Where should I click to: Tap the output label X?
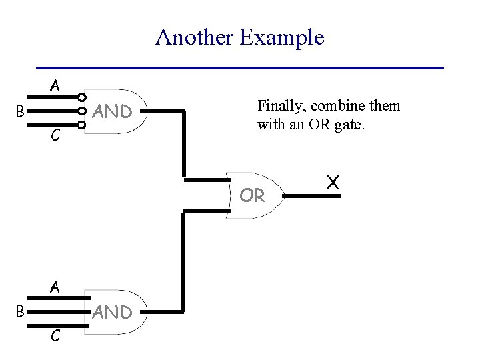tap(333, 181)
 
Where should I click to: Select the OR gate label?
tap(252, 196)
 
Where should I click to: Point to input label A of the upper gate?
tap(55, 86)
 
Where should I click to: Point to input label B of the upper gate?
tap(21, 111)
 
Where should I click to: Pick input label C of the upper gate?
tap(55, 137)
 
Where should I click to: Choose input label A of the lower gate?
tap(55, 287)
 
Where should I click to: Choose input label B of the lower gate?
tap(21, 311)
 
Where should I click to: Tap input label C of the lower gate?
tap(55, 337)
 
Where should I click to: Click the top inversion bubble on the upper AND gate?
tap(82, 97)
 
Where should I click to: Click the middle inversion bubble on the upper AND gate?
tap(82, 111)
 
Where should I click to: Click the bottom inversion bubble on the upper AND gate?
tap(82, 125)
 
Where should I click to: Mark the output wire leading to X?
tap(303, 196)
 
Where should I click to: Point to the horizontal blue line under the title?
tap(240, 68)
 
